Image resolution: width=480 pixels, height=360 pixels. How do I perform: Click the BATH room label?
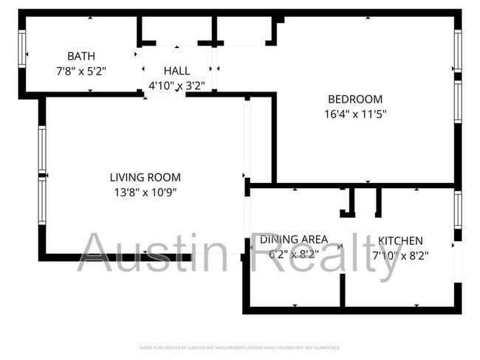(80, 56)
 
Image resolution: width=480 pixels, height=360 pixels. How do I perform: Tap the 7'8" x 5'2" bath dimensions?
(81, 71)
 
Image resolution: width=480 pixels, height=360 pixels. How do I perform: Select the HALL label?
(176, 71)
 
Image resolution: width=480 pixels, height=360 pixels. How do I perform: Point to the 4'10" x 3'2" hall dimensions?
(176, 85)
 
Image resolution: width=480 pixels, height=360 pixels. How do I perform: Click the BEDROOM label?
(355, 100)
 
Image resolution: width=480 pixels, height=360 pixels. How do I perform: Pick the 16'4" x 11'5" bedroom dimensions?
(355, 114)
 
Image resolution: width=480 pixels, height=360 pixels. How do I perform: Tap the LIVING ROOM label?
(145, 178)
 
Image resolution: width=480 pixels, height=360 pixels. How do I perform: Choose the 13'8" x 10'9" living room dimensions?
(145, 193)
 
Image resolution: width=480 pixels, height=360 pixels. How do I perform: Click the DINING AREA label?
(293, 240)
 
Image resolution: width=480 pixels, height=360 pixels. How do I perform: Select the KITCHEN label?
(400, 240)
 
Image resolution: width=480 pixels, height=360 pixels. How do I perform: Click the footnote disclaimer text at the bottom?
(240, 347)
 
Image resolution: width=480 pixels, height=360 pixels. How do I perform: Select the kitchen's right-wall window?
(458, 210)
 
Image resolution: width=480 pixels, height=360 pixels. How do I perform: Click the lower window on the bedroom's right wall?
(458, 100)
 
